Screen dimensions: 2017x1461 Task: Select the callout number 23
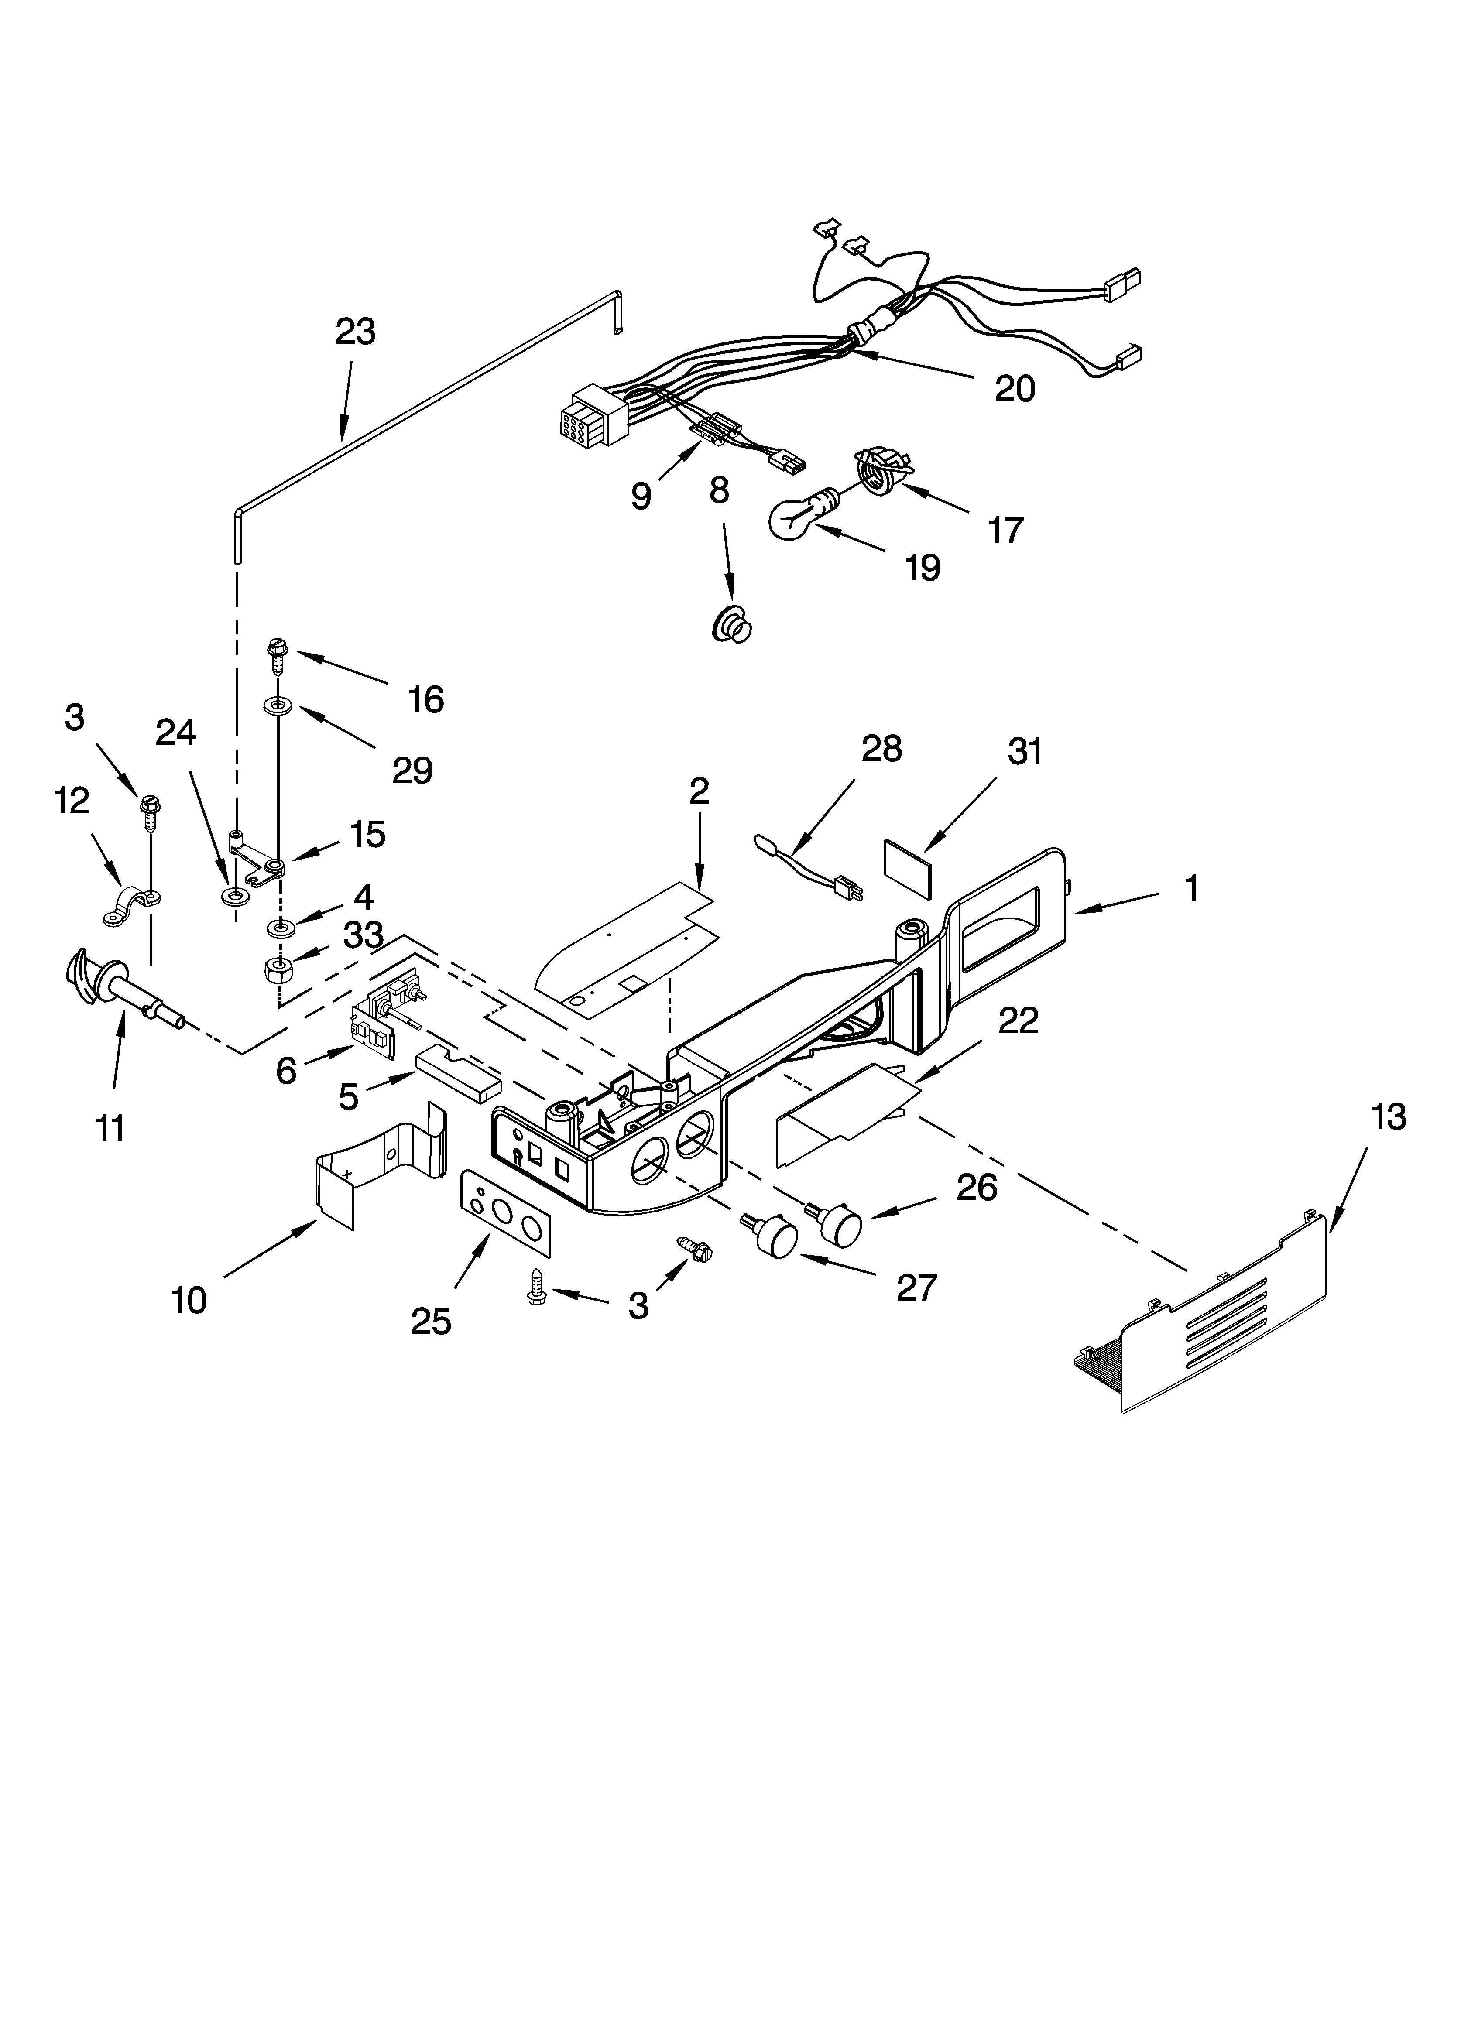click(355, 332)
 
